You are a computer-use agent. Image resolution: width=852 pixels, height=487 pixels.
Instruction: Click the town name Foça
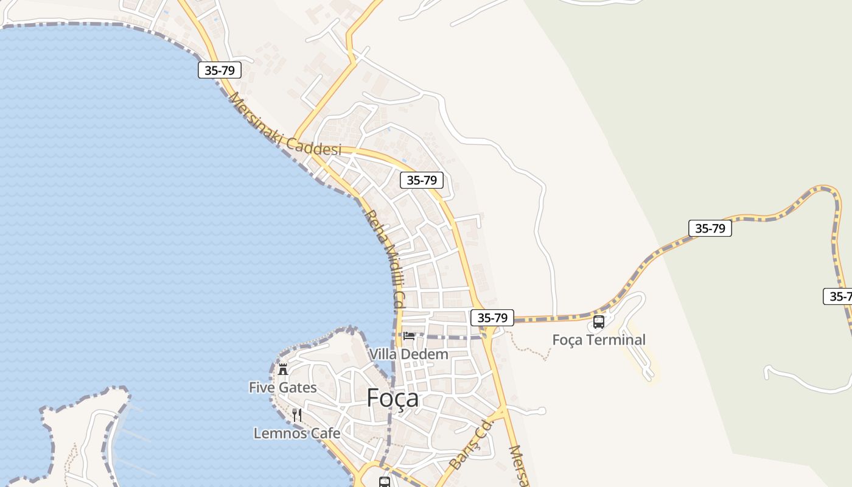(x=393, y=398)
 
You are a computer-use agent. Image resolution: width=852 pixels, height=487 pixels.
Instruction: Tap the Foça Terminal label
(x=599, y=340)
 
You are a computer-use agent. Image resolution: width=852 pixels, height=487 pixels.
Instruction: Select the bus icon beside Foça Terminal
(x=599, y=321)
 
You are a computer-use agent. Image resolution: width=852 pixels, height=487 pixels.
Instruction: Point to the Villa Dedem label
(x=408, y=354)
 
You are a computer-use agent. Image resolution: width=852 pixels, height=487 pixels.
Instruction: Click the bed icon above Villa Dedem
(x=409, y=335)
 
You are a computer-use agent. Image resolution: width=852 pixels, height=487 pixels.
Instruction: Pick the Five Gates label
(x=283, y=387)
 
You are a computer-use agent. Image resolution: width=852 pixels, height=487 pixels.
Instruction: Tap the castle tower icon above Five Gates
(x=283, y=369)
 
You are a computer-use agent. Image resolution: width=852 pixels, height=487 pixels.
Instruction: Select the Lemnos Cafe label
(x=297, y=433)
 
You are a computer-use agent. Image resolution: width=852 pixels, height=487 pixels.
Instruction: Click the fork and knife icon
(x=297, y=415)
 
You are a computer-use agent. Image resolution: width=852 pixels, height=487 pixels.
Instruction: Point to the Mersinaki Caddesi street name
(x=284, y=125)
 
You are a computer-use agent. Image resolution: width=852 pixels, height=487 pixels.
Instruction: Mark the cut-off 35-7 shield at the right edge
(x=839, y=296)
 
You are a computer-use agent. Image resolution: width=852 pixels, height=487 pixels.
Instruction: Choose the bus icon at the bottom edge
(x=385, y=482)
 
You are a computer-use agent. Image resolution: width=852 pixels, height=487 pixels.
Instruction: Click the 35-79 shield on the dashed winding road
(x=710, y=228)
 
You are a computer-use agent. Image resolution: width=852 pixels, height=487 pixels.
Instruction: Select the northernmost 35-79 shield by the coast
(x=220, y=70)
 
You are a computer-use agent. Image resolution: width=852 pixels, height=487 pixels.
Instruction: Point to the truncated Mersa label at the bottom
(x=517, y=466)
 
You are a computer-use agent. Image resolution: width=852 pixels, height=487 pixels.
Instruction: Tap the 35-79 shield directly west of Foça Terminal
(x=492, y=317)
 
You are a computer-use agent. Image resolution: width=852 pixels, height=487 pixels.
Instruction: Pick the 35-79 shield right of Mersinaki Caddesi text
(x=422, y=180)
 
